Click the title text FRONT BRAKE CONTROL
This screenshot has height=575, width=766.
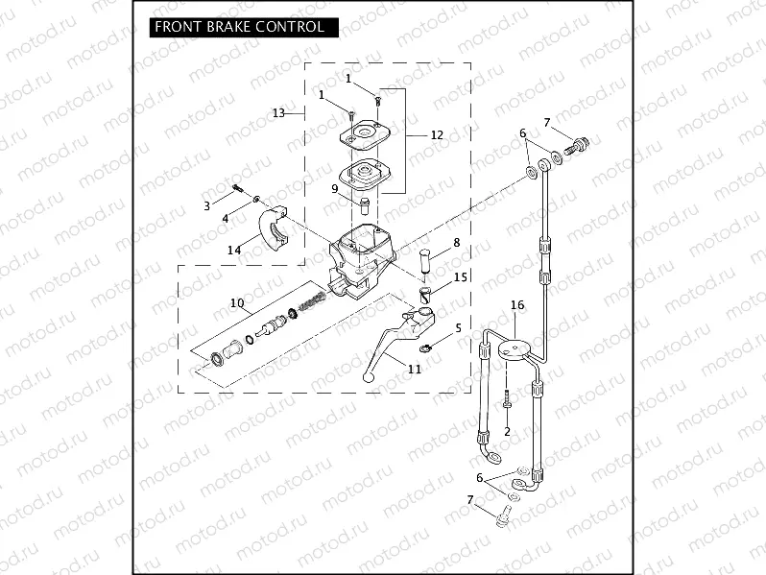click(x=246, y=27)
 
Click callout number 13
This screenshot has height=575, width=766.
click(x=278, y=113)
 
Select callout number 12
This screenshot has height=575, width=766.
click(x=437, y=135)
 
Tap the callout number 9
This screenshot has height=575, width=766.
click(x=335, y=189)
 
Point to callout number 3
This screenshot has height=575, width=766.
click(x=206, y=205)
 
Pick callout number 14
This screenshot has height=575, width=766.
click(x=234, y=250)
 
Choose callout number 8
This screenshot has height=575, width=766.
click(x=456, y=243)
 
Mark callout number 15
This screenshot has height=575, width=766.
click(x=461, y=277)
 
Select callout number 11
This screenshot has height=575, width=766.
click(x=415, y=369)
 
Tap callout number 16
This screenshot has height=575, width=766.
click(x=517, y=305)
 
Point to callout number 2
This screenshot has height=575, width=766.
click(x=507, y=433)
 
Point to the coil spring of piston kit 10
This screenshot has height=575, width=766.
click(x=312, y=303)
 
